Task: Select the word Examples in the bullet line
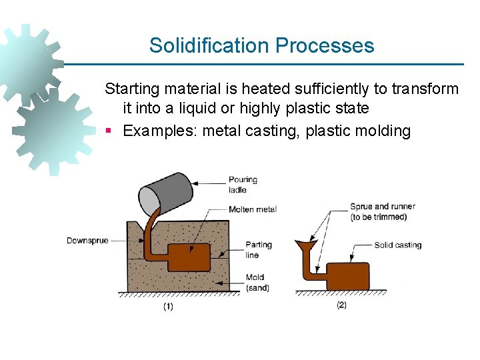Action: (160, 131)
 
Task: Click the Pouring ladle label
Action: (243, 185)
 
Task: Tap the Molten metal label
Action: (252, 209)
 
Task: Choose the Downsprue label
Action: (87, 241)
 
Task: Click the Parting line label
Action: (259, 249)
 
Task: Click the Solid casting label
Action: (398, 245)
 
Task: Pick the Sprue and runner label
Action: (383, 211)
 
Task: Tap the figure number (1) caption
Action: (168, 307)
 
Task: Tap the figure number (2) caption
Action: (341, 305)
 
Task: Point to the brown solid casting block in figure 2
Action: (347, 275)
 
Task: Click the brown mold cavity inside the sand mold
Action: (188, 257)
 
